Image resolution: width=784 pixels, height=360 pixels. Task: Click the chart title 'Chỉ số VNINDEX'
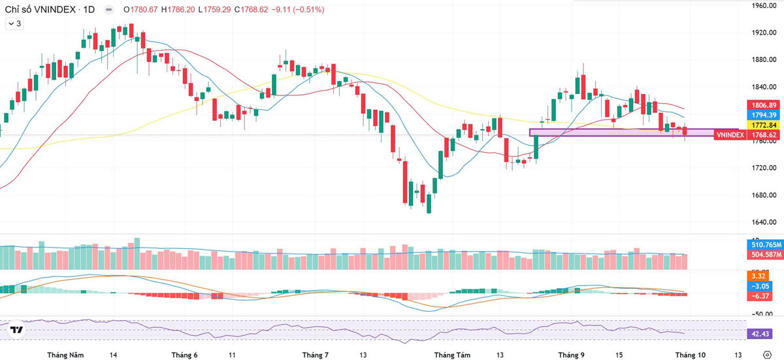point(41,9)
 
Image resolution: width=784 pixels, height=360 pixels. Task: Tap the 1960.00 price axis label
point(763,6)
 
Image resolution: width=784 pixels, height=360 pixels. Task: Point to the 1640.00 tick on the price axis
point(763,222)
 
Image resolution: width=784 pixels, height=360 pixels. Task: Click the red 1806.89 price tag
point(764,105)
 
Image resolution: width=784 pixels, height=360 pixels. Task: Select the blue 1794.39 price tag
point(764,115)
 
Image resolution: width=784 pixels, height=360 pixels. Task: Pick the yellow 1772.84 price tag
point(764,125)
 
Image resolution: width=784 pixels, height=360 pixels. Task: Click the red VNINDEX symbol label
point(730,135)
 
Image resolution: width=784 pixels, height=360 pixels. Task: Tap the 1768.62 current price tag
point(764,135)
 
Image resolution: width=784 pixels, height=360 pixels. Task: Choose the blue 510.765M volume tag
point(766,244)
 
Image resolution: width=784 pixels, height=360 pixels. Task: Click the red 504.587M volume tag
point(766,254)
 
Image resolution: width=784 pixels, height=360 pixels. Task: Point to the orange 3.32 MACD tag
point(758,276)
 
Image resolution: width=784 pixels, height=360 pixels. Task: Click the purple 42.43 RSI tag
point(759,334)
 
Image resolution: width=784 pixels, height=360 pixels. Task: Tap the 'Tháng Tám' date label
point(452,355)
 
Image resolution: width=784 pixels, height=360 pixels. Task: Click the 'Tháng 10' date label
point(690,355)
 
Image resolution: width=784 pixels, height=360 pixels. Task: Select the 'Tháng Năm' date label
point(65,355)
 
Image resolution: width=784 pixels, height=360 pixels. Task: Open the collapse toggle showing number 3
point(14,24)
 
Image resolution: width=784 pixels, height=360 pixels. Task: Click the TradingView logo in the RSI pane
point(16,329)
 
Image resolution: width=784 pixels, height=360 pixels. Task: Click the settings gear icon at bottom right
point(767,355)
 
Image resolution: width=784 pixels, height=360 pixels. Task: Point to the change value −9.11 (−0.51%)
point(298,9)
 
